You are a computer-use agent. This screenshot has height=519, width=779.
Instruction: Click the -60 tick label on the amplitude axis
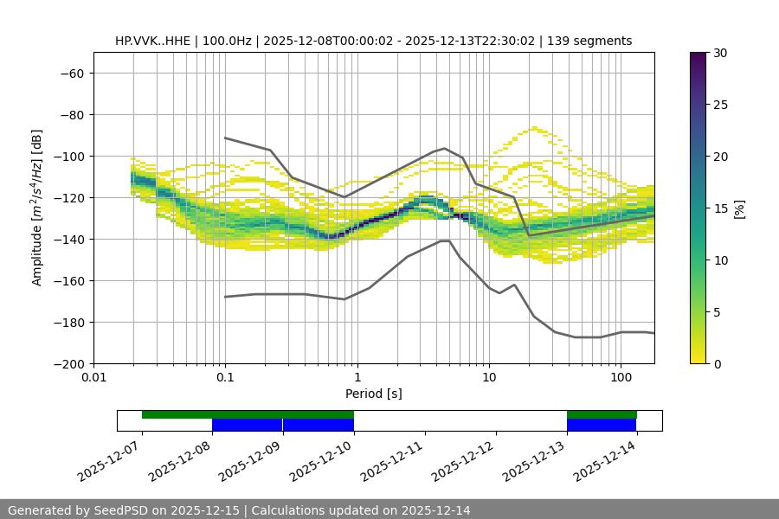click(70, 73)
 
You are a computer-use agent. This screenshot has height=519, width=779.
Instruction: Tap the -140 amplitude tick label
click(67, 239)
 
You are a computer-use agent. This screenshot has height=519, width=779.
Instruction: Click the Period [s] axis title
click(373, 394)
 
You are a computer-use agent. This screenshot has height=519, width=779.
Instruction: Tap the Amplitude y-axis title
click(37, 208)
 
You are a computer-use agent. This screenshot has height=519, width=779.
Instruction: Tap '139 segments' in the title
click(591, 41)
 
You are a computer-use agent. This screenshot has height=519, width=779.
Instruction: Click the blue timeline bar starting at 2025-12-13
click(602, 425)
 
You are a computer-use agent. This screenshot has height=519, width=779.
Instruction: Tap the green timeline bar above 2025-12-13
click(602, 414)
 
